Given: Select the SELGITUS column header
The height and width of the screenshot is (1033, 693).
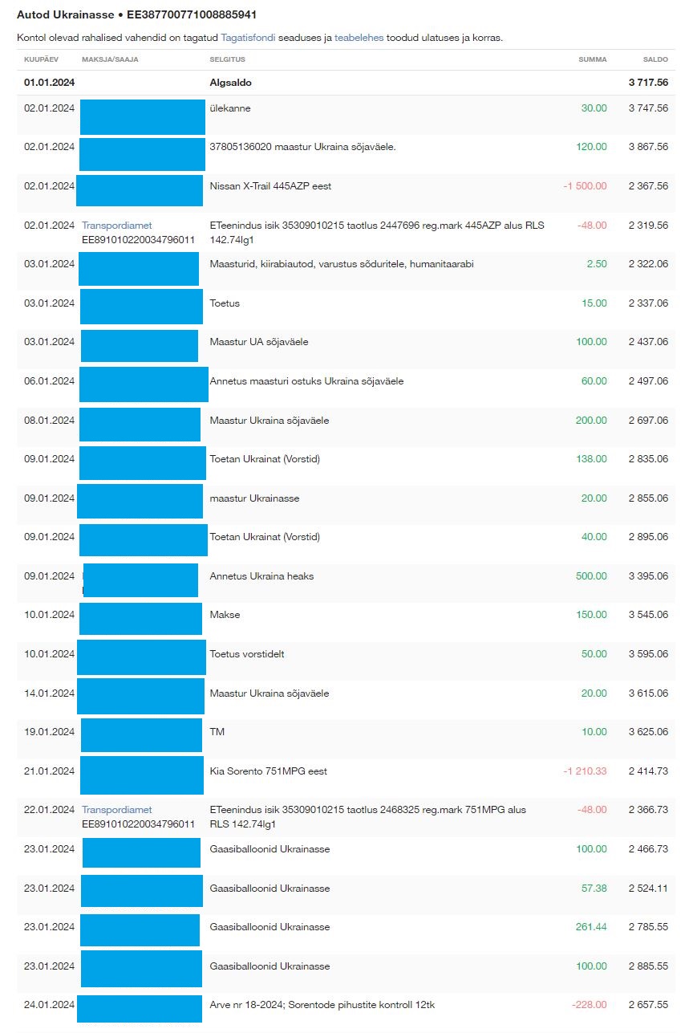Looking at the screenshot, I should click(227, 59).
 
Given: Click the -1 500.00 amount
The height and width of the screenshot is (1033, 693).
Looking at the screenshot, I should click(585, 186).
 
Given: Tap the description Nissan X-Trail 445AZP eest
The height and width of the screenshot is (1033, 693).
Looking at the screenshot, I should click(270, 186).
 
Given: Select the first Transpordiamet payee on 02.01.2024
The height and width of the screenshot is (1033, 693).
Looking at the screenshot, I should click(117, 226).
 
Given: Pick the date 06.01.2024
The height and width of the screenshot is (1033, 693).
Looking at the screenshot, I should click(49, 381).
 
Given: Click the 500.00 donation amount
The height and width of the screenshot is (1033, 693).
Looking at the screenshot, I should click(591, 576).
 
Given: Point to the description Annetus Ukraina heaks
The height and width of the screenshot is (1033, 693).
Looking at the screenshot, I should click(261, 576).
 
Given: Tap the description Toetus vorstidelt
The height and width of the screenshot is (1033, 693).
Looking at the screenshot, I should click(246, 654).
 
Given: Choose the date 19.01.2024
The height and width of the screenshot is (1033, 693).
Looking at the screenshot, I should click(49, 732).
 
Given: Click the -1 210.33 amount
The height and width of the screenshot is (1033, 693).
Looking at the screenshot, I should click(585, 771).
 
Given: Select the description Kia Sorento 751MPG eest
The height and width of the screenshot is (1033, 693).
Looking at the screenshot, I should click(268, 771).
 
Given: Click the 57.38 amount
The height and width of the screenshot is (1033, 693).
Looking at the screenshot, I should click(594, 889).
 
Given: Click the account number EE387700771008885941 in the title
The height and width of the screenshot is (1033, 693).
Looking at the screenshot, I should click(192, 15).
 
